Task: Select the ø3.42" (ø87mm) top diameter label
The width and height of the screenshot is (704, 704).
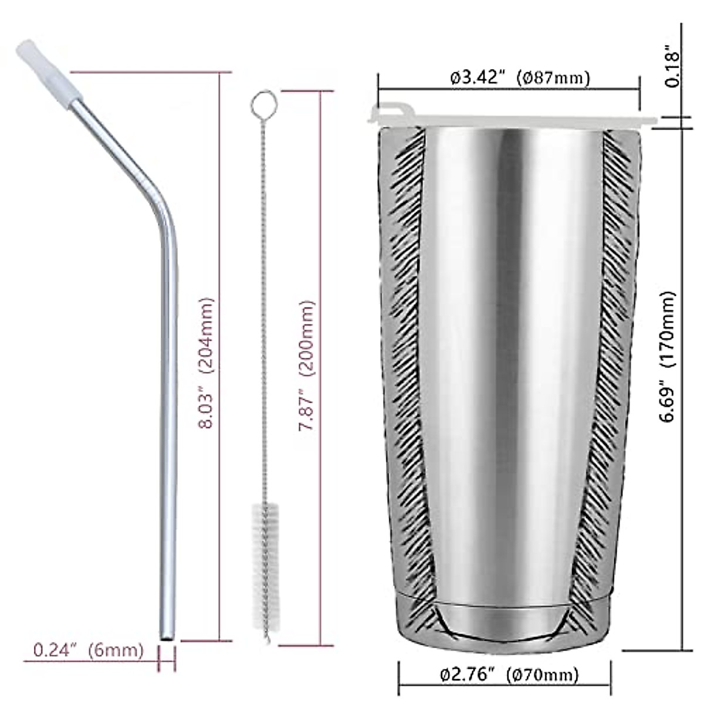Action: click(x=520, y=77)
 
